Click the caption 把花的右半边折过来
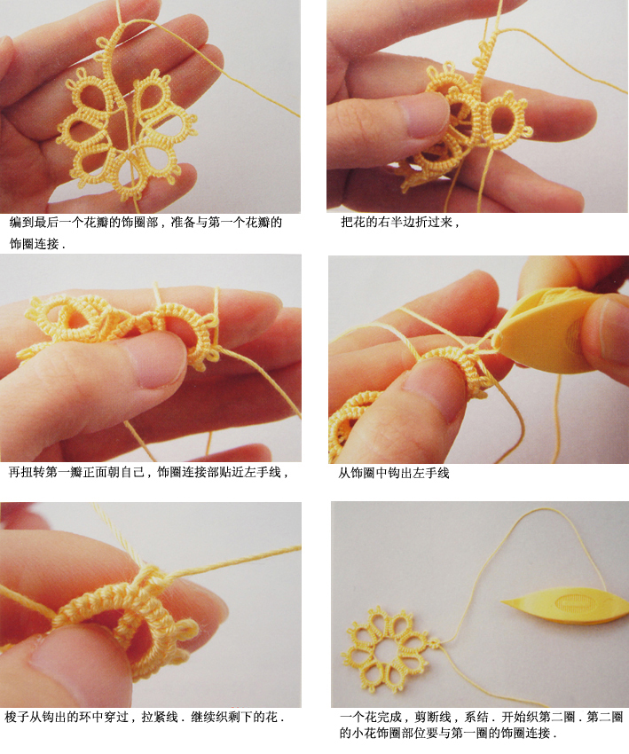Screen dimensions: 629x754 (x=400, y=222)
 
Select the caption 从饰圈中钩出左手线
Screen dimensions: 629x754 (x=393, y=473)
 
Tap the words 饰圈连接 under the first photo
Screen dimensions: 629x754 (x=34, y=244)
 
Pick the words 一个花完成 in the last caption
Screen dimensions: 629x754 (x=370, y=717)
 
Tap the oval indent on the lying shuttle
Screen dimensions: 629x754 (x=571, y=602)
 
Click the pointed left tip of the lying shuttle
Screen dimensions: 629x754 (x=501, y=601)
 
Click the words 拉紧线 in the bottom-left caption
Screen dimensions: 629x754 (x=160, y=717)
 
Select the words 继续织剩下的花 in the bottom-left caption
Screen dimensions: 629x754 (x=234, y=717)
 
